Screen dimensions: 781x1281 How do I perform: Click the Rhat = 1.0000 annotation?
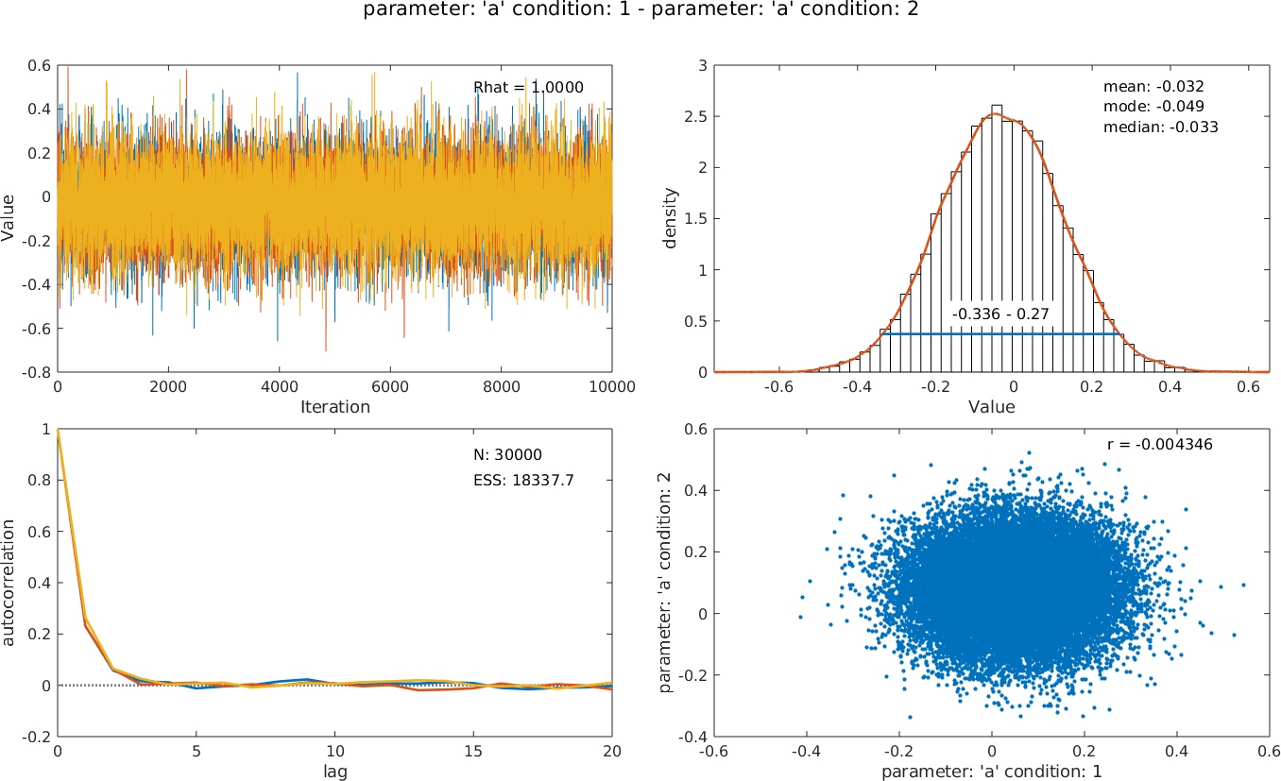click(528, 88)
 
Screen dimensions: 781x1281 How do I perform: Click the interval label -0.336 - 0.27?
click(1001, 314)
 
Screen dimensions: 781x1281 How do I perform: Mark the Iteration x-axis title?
click(334, 407)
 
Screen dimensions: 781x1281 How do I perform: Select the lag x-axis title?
click(334, 770)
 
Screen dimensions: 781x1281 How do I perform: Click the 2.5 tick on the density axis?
click(704, 116)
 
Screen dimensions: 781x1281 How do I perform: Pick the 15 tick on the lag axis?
click(473, 750)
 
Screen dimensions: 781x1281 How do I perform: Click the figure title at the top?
click(640, 11)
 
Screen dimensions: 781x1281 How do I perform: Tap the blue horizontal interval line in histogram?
click(1001, 333)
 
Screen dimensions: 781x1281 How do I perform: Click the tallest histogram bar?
click(997, 236)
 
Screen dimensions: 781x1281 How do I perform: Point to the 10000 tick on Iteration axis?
click(612, 386)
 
